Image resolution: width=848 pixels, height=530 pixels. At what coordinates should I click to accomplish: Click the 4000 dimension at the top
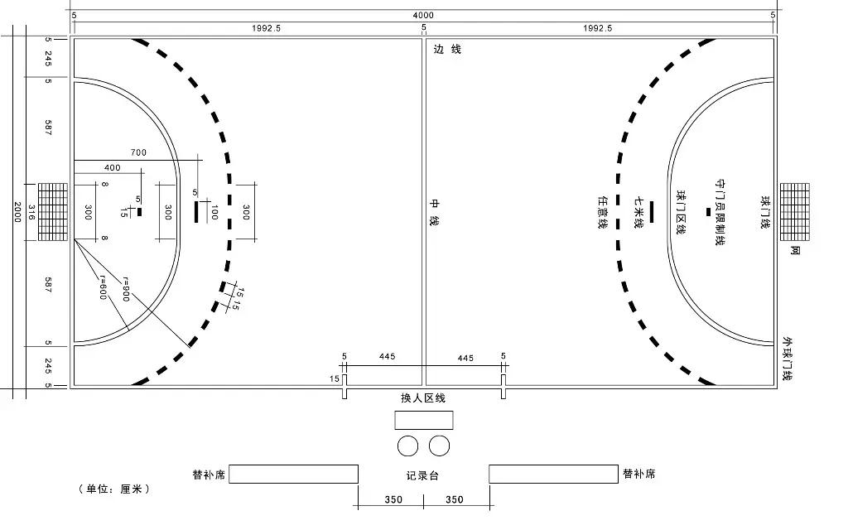coord(423,16)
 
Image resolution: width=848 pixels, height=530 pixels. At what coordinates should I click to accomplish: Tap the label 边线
coord(447,49)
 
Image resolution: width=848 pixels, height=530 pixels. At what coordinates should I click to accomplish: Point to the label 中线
coord(434,212)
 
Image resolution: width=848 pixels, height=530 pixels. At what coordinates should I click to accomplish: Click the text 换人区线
coord(423,398)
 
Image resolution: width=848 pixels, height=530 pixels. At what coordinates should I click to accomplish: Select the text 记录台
coord(422,476)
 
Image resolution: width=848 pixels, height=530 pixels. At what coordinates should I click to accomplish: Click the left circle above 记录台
coord(407,446)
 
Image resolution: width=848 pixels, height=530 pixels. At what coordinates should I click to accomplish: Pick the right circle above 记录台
coord(439,446)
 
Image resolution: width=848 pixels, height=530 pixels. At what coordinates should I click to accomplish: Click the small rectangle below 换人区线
coord(424,420)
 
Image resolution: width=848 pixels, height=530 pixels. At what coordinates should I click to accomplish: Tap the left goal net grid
coord(53,212)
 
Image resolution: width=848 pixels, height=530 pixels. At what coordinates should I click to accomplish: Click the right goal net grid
coord(794,212)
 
